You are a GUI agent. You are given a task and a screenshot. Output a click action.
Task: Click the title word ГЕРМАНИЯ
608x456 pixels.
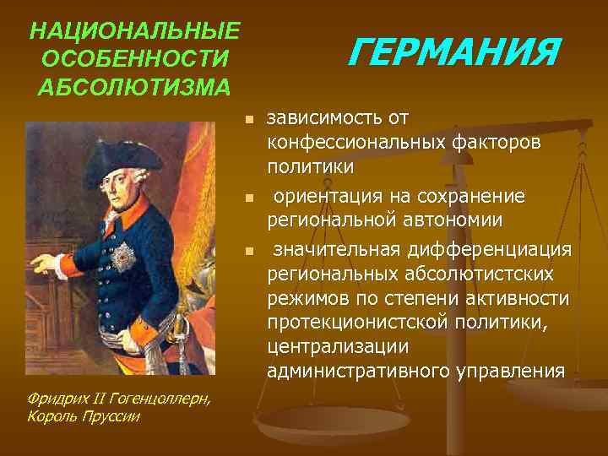[x=454, y=53]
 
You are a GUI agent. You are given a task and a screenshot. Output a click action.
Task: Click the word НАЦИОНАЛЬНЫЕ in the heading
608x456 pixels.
[x=134, y=32]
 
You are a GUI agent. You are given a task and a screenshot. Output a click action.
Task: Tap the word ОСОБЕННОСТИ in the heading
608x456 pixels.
[x=134, y=60]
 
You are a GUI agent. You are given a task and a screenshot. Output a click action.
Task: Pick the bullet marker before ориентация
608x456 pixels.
[x=248, y=199]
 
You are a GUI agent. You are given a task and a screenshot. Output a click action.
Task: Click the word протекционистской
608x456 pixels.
[x=351, y=324]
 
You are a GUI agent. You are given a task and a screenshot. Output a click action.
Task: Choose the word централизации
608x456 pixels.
[x=338, y=347]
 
